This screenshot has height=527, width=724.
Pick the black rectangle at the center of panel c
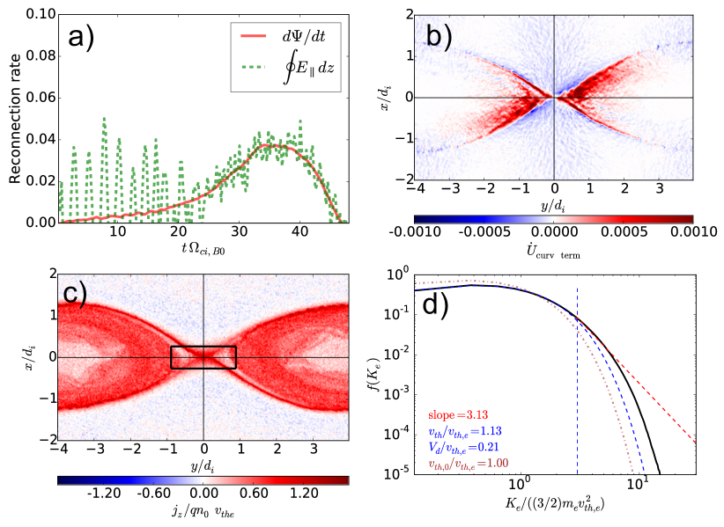tap(203, 356)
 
